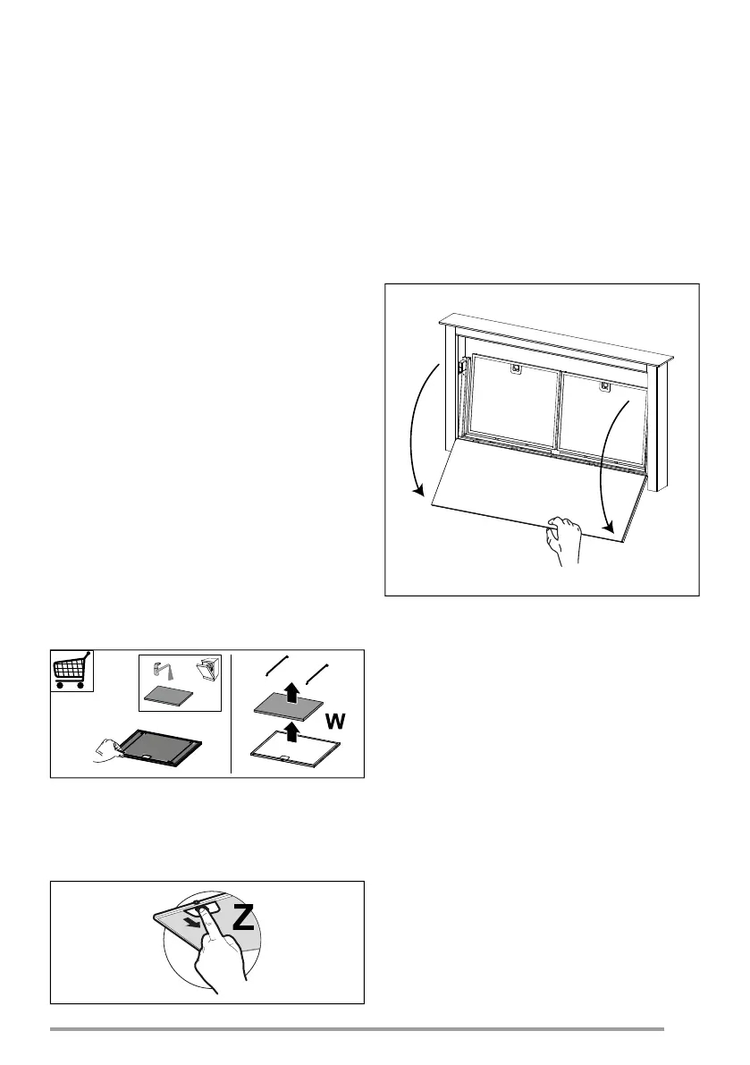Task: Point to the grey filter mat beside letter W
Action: click(288, 708)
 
